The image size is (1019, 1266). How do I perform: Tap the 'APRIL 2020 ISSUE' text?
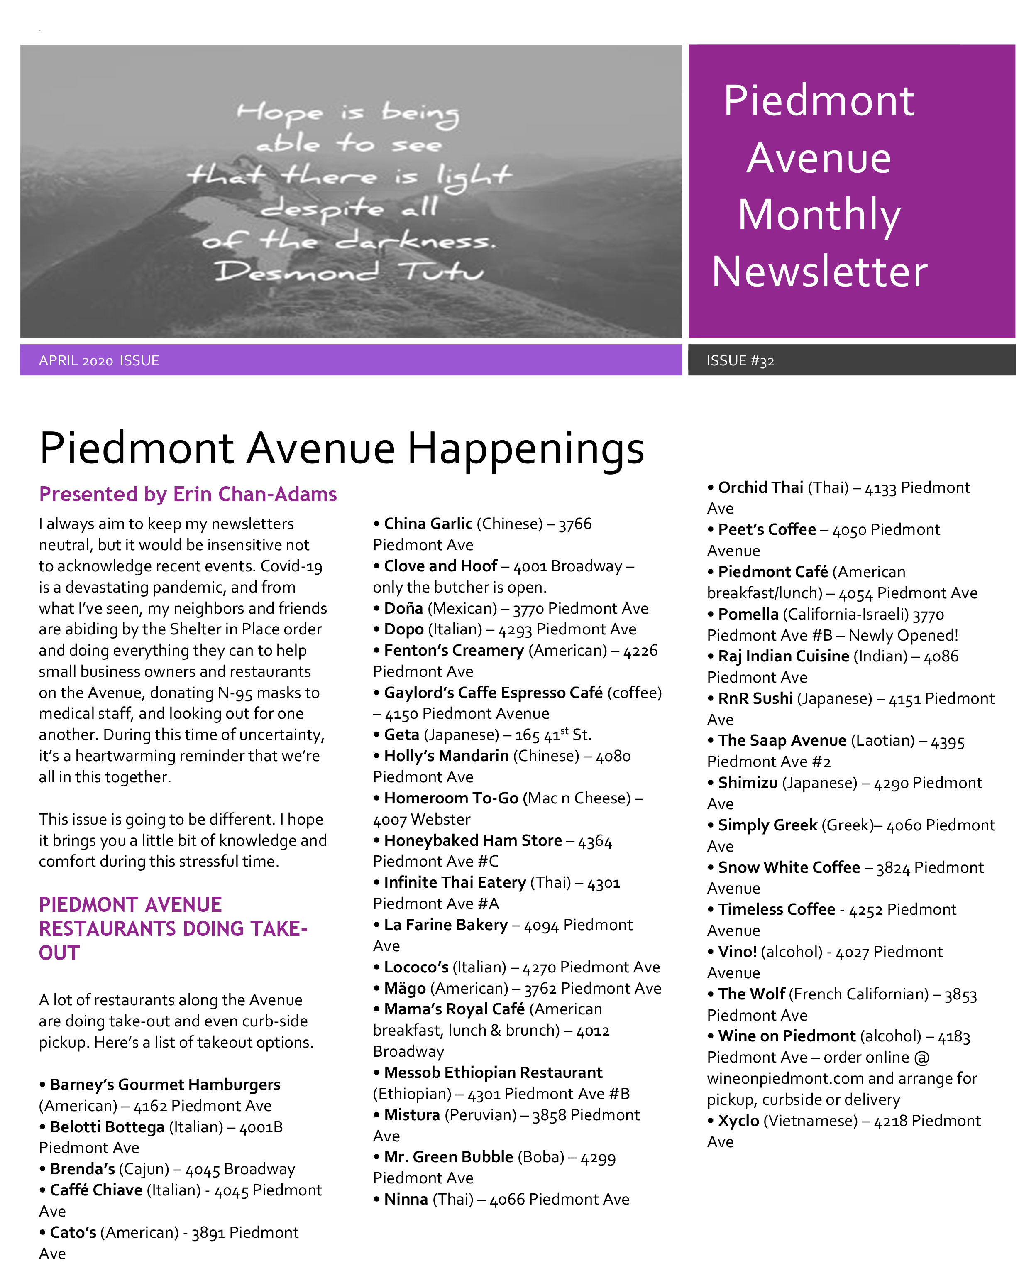[x=99, y=360]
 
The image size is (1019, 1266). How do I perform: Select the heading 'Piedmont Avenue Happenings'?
[x=342, y=448]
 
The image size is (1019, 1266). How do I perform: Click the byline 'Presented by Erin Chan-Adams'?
[x=188, y=495]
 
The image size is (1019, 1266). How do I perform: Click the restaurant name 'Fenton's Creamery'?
[x=453, y=651]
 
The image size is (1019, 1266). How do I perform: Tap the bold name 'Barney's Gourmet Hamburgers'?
[x=165, y=1085]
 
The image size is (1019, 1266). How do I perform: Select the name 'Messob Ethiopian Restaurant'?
[x=493, y=1073]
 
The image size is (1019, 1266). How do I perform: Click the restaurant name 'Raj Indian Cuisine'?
[x=783, y=656]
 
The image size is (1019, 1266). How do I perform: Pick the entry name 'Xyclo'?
[x=738, y=1121]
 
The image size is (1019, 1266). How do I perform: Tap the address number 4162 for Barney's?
[x=150, y=1106]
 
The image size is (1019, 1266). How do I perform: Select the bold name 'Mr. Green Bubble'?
[x=448, y=1157]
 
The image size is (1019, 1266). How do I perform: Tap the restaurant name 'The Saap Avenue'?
[x=782, y=740]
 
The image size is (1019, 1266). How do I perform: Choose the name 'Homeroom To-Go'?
[x=451, y=798]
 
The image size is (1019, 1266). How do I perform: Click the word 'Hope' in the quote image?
[x=279, y=112]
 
